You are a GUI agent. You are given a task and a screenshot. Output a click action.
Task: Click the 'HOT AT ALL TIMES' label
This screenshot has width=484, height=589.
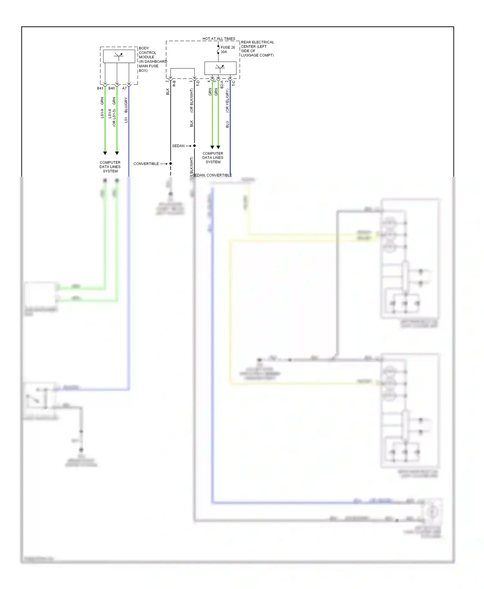[x=219, y=39]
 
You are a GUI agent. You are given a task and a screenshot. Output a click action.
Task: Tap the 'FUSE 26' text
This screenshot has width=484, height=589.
[x=227, y=47]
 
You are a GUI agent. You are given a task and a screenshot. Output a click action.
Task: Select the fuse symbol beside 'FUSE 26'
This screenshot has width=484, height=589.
[x=218, y=50]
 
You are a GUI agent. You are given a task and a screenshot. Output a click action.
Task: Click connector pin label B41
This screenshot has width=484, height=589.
[x=100, y=88]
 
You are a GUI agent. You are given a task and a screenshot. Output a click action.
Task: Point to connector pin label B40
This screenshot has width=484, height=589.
[x=112, y=88]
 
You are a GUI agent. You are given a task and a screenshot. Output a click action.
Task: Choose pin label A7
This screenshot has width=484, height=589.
[x=125, y=88]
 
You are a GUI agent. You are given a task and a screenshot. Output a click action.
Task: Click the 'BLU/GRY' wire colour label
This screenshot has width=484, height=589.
[x=126, y=105]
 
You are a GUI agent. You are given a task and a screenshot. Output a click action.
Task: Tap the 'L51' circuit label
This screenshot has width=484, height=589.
[x=126, y=120]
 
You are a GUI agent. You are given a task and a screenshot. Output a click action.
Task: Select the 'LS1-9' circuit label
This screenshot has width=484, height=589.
[x=102, y=113]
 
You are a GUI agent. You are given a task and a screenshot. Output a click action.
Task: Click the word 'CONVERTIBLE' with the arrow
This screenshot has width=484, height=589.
[x=146, y=164]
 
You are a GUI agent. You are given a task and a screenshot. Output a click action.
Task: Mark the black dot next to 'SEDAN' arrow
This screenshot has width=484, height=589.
[x=194, y=146]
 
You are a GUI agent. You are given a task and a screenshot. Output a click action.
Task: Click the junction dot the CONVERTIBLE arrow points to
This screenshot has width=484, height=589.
[x=171, y=164]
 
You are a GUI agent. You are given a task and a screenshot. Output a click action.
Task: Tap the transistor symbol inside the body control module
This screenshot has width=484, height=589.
[x=119, y=56]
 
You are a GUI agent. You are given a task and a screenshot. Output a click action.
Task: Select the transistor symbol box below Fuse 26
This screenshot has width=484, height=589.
[x=220, y=68]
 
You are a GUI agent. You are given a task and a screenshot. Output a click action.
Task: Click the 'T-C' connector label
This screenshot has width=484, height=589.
[x=234, y=83]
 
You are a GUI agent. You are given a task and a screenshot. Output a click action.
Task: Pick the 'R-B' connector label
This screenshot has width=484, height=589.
[x=174, y=83]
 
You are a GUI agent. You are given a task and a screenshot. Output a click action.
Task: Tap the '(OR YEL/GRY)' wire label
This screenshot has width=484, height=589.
[x=227, y=101]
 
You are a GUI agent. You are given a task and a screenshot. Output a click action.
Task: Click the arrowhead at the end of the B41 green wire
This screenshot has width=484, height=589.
[x=105, y=153]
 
